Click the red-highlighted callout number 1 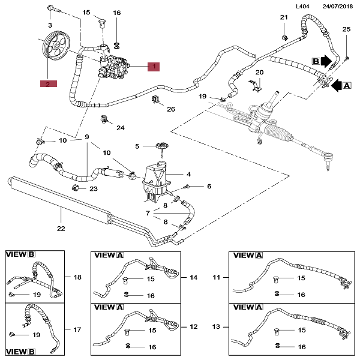pyautogui.click(x=154, y=67)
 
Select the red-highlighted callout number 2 pyautogui.click(x=48, y=84)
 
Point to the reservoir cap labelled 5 pyautogui.click(x=162, y=148)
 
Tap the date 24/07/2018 pyautogui.click(x=337, y=6)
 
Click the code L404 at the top pyautogui.click(x=302, y=6)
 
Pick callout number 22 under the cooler pyautogui.click(x=61, y=229)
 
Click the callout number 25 pyautogui.click(x=346, y=29)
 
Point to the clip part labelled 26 pyautogui.click(x=155, y=100)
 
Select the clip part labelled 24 pyautogui.click(x=104, y=119)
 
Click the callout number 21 pyautogui.click(x=284, y=17)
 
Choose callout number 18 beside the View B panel pyautogui.click(x=77, y=277)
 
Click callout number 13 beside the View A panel pyautogui.click(x=216, y=326)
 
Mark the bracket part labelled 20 pyautogui.click(x=256, y=85)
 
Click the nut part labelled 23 pyautogui.click(x=75, y=188)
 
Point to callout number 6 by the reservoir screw pyautogui.click(x=209, y=186)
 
